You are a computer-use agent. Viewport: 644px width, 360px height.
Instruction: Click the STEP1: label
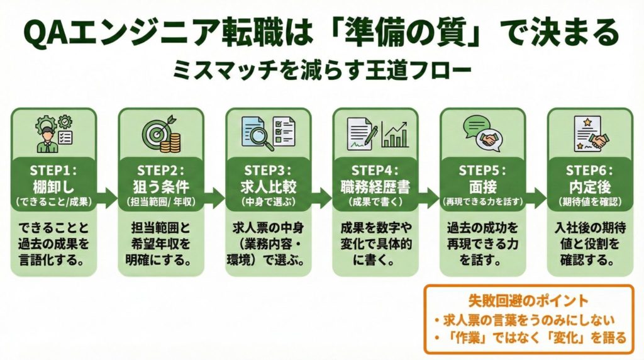53,170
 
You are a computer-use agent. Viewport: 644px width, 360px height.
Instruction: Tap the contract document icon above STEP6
580,133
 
